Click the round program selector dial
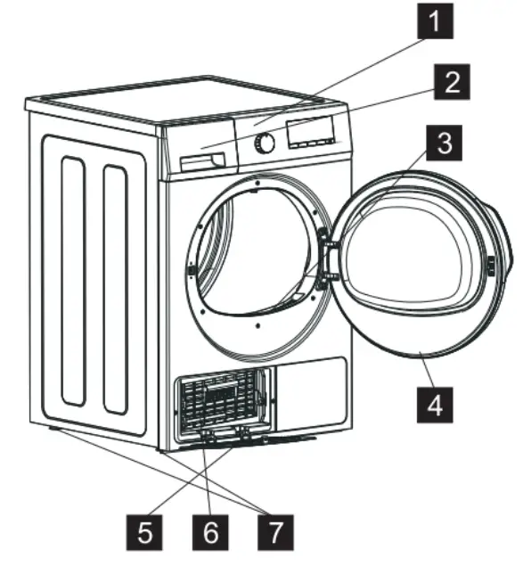click(x=265, y=144)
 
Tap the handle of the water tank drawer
click(x=200, y=161)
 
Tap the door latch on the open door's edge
click(x=492, y=266)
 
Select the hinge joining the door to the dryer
click(x=326, y=254)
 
